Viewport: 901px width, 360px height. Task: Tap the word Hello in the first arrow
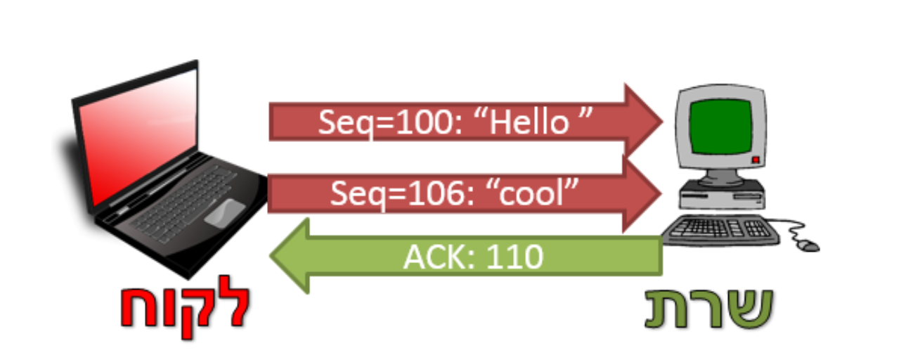tap(529, 123)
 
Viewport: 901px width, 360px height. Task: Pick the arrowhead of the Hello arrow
tap(643, 121)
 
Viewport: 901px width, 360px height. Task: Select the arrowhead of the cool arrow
tap(643, 191)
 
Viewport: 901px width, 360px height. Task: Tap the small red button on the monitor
tap(756, 160)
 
